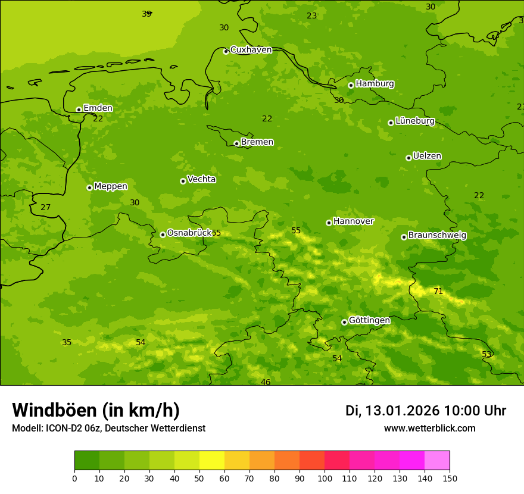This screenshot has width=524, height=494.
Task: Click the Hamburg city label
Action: tap(375, 84)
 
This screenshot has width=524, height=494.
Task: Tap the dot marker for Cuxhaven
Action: tap(226, 51)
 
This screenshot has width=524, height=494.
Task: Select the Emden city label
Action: tap(98, 108)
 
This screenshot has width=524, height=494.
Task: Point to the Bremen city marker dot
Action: tap(236, 143)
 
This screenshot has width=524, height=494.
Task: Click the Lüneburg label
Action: tap(414, 121)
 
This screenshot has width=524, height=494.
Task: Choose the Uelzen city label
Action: tap(427, 156)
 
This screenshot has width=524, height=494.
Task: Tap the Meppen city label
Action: tap(110, 186)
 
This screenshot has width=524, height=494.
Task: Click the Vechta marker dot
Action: tap(183, 181)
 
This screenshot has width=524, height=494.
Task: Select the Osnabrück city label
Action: tap(189, 233)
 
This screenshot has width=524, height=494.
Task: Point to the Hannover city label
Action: tap(353, 221)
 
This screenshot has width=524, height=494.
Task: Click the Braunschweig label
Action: tap(437, 235)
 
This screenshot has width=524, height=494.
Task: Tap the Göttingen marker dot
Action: tap(344, 322)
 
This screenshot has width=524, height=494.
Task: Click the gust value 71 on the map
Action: tap(438, 291)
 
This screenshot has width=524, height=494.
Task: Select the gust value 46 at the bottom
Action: tap(266, 382)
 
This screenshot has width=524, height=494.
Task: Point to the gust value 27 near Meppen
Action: tap(45, 207)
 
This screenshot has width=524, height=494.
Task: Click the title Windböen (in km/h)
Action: tap(96, 410)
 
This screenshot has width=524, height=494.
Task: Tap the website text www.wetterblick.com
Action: tap(429, 428)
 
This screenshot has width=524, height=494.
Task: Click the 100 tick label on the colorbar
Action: tap(325, 478)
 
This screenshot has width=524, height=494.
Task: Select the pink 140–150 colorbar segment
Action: tap(437, 460)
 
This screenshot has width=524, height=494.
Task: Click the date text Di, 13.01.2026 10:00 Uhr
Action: tap(425, 411)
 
